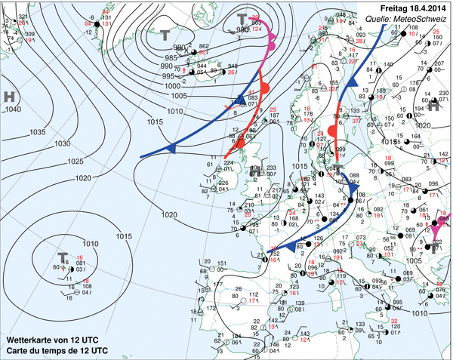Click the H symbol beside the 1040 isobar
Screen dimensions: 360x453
click(9, 97)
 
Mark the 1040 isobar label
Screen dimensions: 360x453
click(12, 110)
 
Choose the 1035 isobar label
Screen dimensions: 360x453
click(38, 132)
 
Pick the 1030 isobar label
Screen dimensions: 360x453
click(63, 143)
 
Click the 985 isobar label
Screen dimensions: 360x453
click(171, 58)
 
